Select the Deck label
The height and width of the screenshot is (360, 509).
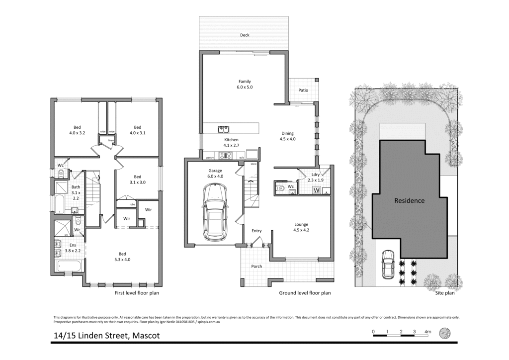[245, 35]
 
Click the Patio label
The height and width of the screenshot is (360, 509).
[303, 90]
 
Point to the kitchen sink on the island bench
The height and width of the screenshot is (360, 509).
[223, 129]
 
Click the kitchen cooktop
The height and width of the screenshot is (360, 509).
[227, 156]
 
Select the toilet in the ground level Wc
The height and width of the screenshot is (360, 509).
[280, 188]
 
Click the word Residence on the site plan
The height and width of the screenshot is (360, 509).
[409, 201]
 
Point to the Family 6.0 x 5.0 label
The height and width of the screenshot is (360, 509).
[245, 85]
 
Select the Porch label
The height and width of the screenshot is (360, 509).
[256, 267]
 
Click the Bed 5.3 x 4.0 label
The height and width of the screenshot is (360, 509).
[122, 256]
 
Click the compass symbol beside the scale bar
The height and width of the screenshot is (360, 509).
[445, 333]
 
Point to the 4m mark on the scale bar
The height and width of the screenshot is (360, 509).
[427, 332]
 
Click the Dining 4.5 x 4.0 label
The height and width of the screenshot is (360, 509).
[287, 136]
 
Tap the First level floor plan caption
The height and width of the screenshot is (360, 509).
[137, 293]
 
